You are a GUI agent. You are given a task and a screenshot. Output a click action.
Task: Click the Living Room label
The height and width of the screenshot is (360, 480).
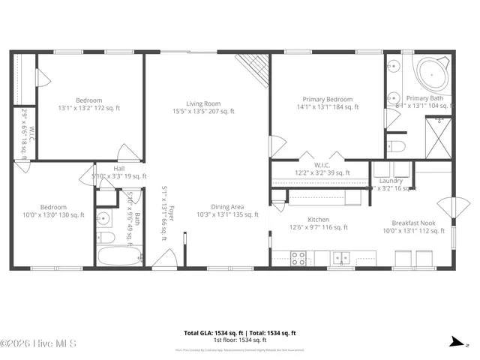[203, 103]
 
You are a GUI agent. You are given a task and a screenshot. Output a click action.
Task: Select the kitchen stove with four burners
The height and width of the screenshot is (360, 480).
[298, 258]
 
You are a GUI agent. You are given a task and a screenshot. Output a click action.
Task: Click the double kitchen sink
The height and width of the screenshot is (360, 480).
[342, 258]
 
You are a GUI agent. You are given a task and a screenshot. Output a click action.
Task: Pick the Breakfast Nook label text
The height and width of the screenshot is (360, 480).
[414, 223]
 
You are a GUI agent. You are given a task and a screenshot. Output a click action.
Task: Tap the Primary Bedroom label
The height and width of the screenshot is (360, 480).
[327, 99]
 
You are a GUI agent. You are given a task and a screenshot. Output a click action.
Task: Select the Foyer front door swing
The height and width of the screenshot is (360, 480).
[163, 259]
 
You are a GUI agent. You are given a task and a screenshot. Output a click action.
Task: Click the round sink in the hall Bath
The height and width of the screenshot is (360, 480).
[104, 219]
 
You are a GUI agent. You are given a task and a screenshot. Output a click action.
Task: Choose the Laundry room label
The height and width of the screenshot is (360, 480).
[391, 181]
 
